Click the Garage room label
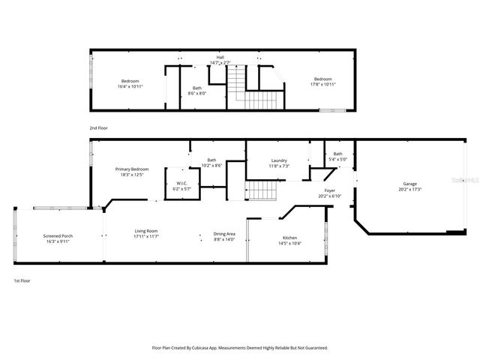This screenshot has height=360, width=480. click(410, 184)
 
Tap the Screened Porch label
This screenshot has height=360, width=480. click(57, 236)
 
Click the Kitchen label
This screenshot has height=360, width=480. click(289, 217)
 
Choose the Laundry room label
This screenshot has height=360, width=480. click(280, 160)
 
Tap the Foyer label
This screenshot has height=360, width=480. click(330, 191)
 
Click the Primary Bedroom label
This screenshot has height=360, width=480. click(132, 169)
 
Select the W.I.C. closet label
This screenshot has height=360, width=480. click(181, 183)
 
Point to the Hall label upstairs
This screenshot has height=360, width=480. click(220, 57)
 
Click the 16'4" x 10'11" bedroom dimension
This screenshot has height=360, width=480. click(130, 86)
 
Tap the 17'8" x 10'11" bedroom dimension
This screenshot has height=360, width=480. click(322, 84)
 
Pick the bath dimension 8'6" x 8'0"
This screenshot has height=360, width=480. click(196, 93)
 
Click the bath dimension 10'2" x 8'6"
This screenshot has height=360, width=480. click(212, 165)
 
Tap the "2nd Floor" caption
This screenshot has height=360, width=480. click(98, 128)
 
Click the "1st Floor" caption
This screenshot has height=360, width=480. click(22, 280)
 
